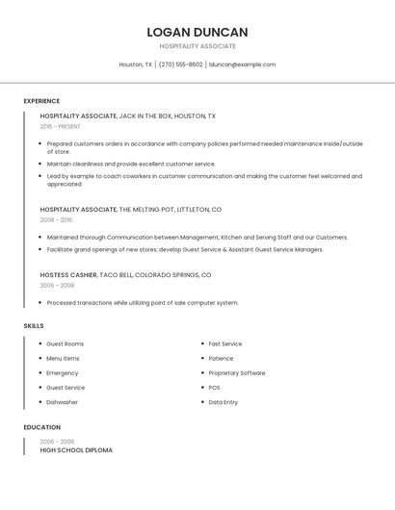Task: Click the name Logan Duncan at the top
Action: tap(197, 32)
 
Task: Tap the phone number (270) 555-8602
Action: tap(181, 64)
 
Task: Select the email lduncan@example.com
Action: tap(242, 64)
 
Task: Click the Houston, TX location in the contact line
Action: tap(135, 64)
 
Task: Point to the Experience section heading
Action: tap(41, 101)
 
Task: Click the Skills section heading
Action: tap(34, 326)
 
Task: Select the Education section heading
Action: tap(41, 427)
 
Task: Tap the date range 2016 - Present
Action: tap(60, 126)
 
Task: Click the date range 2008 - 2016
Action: tap(57, 219)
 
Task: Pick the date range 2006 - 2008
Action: tap(57, 285)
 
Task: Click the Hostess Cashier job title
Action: tap(68, 274)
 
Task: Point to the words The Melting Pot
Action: tap(145, 209)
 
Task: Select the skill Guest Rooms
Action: tap(65, 344)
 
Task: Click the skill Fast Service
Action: tap(225, 344)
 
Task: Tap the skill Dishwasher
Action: tap(62, 402)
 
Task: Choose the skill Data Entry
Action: tap(224, 402)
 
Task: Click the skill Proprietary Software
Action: tap(237, 373)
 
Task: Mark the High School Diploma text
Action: tap(76, 450)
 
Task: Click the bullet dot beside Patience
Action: tap(202, 359)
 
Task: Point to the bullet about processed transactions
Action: tap(143, 303)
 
